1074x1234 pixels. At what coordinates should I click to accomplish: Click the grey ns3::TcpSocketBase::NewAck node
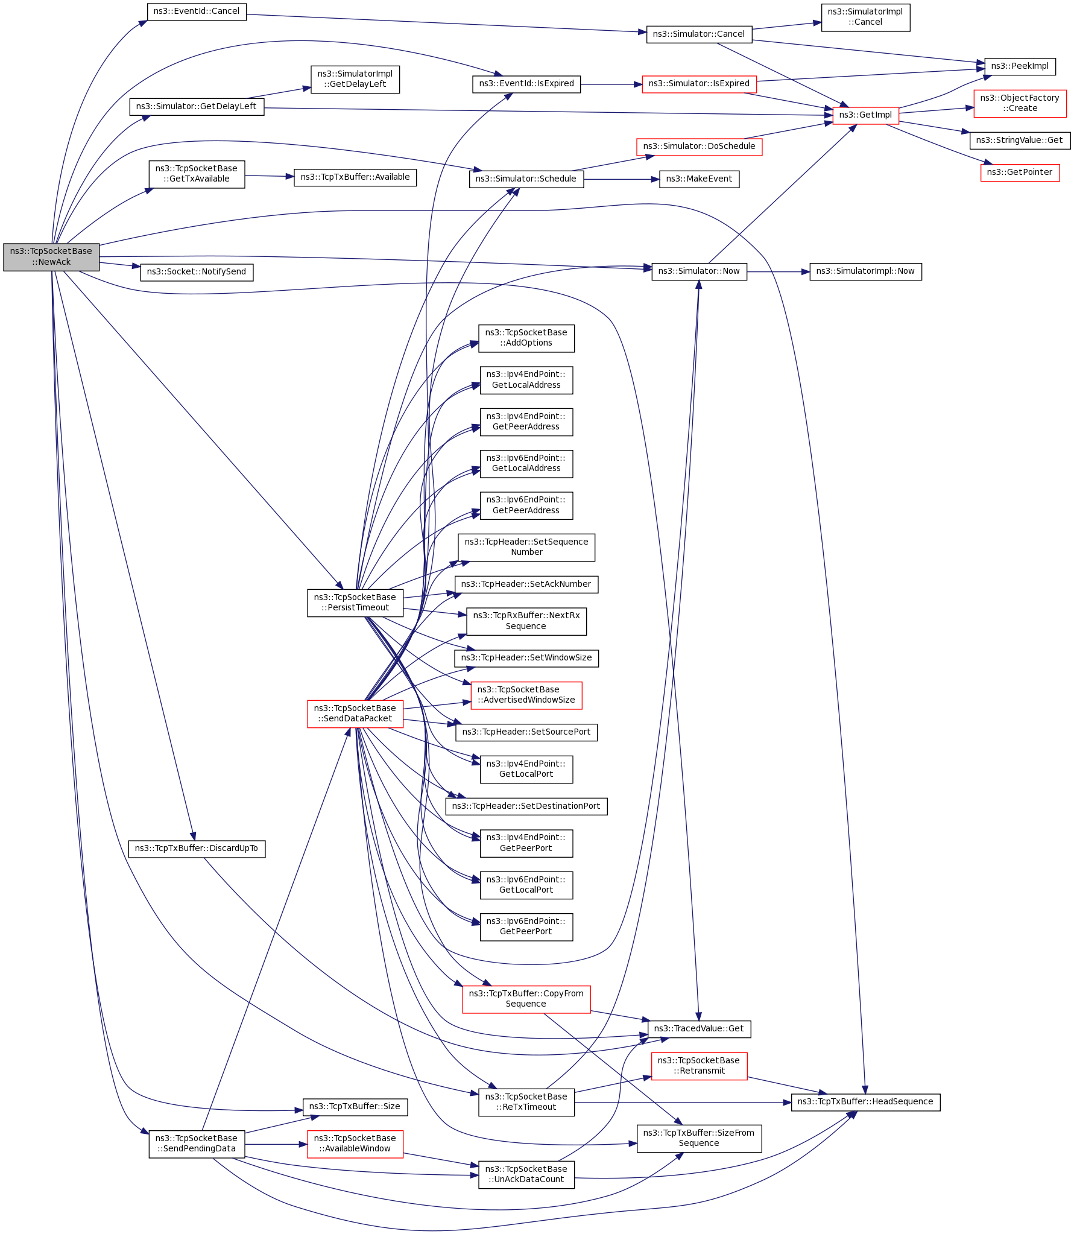51,257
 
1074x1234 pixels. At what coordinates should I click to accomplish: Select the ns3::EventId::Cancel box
197,11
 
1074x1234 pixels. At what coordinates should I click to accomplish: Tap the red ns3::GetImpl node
865,115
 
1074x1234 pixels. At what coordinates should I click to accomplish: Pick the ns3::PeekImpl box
1020,66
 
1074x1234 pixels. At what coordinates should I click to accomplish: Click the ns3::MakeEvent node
699,179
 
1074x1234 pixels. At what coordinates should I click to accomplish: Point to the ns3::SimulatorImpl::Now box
865,271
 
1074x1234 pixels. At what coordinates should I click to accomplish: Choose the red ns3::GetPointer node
1020,172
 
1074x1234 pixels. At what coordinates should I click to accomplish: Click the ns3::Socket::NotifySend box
197,272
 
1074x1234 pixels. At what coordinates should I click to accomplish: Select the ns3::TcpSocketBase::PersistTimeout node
355,603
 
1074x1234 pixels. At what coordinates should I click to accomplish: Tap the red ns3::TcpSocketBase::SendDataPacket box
355,714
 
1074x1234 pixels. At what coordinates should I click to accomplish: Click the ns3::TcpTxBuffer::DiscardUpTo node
197,849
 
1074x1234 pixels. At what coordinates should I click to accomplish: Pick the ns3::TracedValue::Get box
699,1029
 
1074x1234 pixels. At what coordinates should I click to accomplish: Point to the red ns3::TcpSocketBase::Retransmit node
699,1066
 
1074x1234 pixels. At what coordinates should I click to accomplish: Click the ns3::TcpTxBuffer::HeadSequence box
865,1102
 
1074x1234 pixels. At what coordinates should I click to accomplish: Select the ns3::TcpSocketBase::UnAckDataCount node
526,1174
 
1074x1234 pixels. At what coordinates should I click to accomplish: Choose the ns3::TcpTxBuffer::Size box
355,1107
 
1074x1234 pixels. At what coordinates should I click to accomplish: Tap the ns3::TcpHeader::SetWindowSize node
526,658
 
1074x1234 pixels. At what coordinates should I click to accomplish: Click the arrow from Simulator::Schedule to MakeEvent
621,179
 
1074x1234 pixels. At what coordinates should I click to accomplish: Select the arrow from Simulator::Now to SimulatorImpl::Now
778,272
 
